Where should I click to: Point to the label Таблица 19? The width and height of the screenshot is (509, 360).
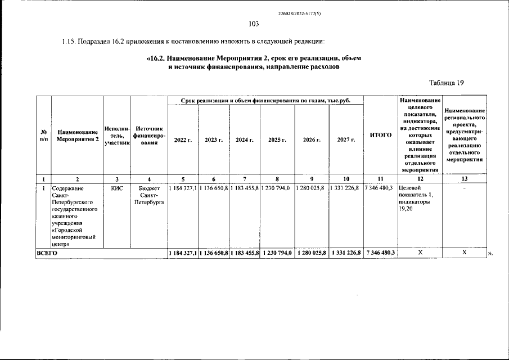coord(447,83)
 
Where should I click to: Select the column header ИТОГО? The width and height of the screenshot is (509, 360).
coord(381,136)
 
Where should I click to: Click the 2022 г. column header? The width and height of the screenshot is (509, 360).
coord(183,139)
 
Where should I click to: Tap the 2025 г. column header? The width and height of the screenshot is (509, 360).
coord(277,139)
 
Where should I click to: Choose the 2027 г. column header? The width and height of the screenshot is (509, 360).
coord(346,139)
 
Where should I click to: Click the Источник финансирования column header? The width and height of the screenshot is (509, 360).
coord(149,136)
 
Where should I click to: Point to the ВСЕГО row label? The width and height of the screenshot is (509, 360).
coord(47,254)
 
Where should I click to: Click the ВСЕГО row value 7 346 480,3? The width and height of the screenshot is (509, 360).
coord(380,254)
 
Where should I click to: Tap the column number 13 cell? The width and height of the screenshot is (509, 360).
coord(465,179)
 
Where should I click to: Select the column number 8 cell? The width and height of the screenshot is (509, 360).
coord(277,179)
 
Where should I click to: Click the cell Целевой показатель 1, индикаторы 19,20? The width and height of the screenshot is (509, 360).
coord(416,198)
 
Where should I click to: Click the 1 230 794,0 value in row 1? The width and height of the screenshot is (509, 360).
coord(277,188)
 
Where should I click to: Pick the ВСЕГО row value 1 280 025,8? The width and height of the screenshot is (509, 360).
coord(311,254)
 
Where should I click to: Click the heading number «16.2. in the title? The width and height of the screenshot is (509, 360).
coord(159,58)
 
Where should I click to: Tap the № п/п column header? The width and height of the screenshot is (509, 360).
coord(43,136)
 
